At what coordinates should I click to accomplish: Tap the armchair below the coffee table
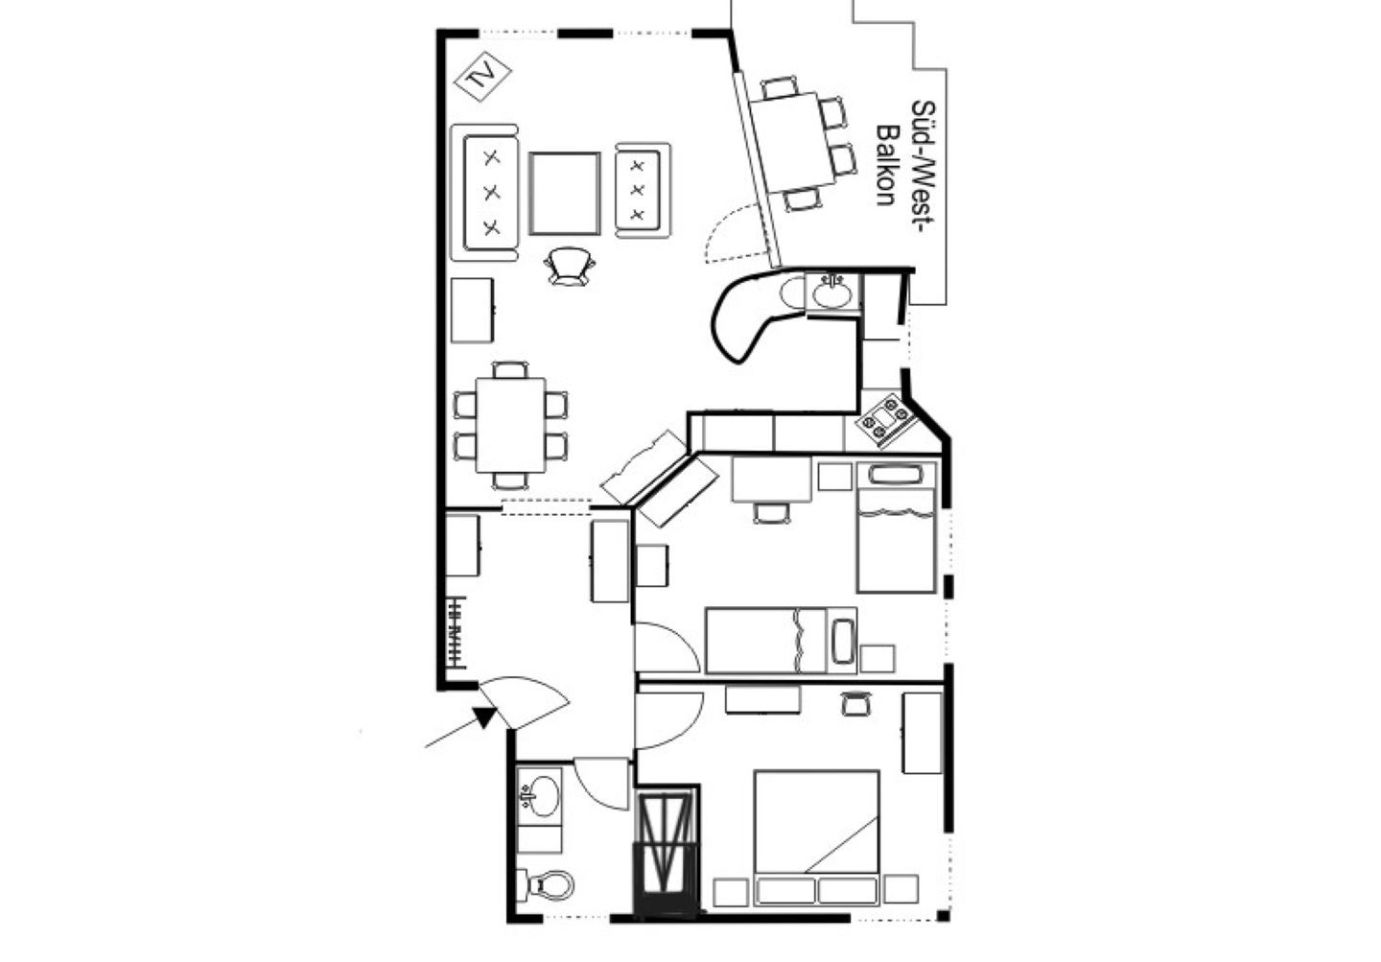tap(570, 267)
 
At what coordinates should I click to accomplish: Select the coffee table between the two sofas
tap(564, 194)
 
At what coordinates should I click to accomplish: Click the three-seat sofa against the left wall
tap(484, 193)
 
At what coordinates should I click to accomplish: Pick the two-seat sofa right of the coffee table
tap(643, 191)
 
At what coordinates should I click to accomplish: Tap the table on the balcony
tap(793, 143)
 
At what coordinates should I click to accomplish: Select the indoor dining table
tap(510, 425)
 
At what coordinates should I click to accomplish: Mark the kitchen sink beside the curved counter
tap(833, 293)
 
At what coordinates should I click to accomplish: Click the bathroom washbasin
tap(539, 795)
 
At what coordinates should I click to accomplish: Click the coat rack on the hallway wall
tap(456, 633)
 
